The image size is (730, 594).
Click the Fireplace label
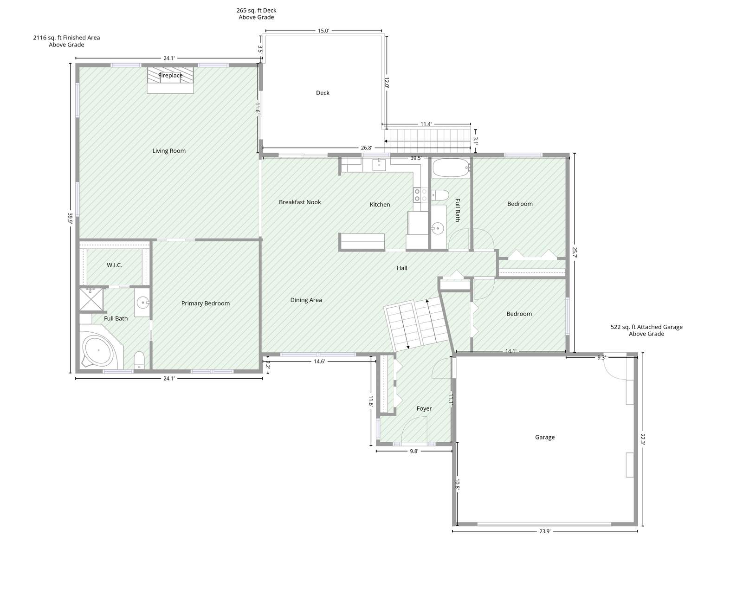(170, 75)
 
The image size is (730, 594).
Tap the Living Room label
(169, 151)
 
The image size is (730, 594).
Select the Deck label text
(323, 93)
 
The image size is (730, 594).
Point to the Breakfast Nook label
(300, 202)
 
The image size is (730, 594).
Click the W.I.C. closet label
(115, 265)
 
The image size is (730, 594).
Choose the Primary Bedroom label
(205, 303)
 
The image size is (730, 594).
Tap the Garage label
(544, 437)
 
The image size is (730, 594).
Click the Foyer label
(424, 408)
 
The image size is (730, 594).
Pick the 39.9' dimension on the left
(70, 218)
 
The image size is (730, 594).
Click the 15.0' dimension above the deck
(323, 31)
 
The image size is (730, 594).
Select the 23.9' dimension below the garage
(544, 532)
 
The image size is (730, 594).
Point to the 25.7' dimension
(575, 252)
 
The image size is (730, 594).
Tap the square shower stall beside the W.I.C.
(91, 299)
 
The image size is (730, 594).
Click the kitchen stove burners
(420, 195)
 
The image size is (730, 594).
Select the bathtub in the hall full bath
(451, 168)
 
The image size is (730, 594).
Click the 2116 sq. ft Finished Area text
(66, 38)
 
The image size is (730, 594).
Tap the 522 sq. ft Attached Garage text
(646, 327)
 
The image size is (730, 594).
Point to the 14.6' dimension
(319, 362)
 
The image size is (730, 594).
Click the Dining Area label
(306, 300)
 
